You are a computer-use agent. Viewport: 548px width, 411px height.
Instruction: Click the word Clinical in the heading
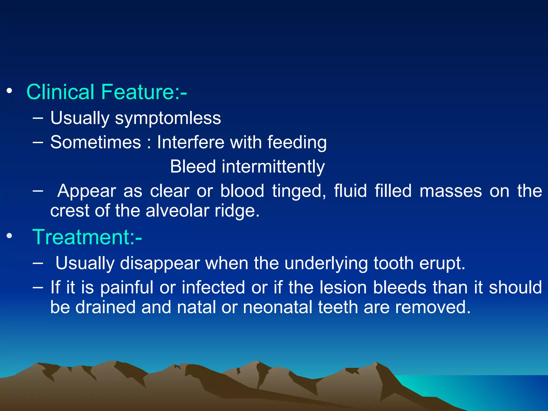coord(60,92)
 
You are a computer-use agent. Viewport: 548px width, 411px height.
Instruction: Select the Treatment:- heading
coord(87,237)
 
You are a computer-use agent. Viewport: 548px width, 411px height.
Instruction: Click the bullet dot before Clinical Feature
coord(9,91)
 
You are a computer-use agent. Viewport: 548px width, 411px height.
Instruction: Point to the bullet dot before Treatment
coord(9,236)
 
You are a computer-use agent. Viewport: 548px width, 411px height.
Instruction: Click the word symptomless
coord(168,118)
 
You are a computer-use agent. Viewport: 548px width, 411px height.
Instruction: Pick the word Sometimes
coord(96,142)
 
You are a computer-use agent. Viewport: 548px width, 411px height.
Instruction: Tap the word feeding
coord(297,142)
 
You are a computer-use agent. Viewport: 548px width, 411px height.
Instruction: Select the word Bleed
coord(193,166)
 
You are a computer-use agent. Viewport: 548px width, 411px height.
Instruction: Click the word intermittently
coord(273,166)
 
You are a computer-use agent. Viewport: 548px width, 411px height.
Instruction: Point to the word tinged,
coord(299,191)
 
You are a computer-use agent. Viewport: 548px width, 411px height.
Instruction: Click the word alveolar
coord(177,211)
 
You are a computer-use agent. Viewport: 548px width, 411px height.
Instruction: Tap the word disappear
coord(160,263)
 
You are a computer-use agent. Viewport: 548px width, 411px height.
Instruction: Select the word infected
coord(213,287)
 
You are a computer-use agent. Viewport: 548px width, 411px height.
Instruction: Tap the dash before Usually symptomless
coord(38,118)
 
